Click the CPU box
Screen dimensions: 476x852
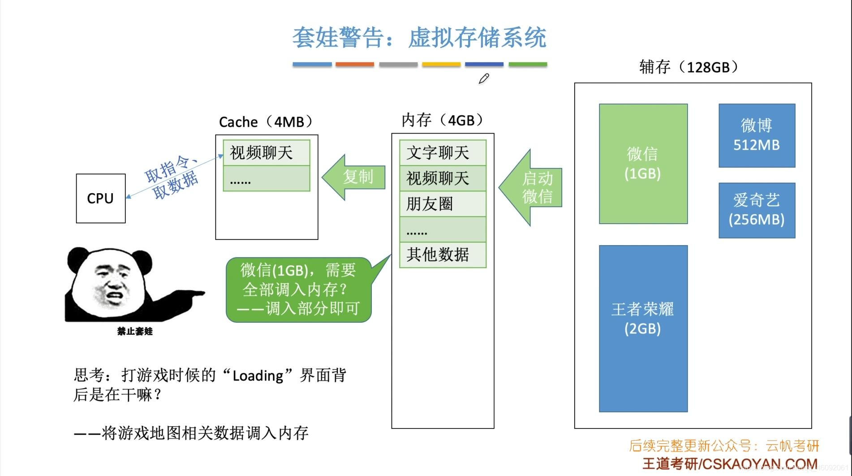pyautogui.click(x=101, y=198)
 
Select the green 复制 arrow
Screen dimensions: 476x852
pyautogui.click(x=354, y=177)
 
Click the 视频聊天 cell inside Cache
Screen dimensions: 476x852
pyautogui.click(x=266, y=153)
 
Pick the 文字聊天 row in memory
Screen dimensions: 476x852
pyautogui.click(x=442, y=153)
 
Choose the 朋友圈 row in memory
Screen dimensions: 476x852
pyautogui.click(x=442, y=204)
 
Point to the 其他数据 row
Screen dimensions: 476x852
pyautogui.click(x=442, y=255)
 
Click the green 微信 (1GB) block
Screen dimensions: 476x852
pyautogui.click(x=643, y=164)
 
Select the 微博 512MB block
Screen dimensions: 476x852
pyautogui.click(x=757, y=135)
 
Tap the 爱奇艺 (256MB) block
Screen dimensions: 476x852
pyautogui.click(x=757, y=210)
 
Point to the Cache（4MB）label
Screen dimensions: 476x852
pyautogui.click(x=266, y=122)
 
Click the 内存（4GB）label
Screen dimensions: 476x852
pyautogui.click(x=442, y=120)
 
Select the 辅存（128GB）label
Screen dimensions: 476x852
pyautogui.click(x=688, y=67)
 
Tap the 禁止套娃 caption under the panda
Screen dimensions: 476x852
pyautogui.click(x=135, y=331)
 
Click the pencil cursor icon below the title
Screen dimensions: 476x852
pyautogui.click(x=483, y=79)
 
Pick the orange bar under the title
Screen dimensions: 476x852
pyautogui.click(x=354, y=65)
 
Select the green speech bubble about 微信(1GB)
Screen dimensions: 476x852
pyautogui.click(x=298, y=290)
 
